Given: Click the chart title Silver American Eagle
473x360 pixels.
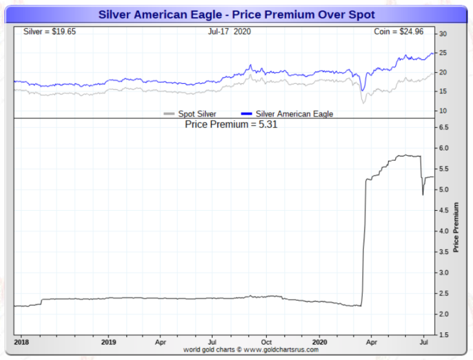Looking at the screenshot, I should [236, 14].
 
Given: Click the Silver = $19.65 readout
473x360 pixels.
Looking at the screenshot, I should [49, 31].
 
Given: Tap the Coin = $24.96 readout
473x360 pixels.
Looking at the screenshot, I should [399, 31].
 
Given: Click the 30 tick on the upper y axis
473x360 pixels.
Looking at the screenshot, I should [443, 34].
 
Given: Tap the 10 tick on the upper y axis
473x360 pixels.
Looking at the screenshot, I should [443, 110].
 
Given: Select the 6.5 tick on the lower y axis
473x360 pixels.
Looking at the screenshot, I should [445, 127].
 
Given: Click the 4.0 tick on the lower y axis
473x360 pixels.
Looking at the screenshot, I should [445, 231].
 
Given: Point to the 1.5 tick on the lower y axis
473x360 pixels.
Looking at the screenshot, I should [445, 335].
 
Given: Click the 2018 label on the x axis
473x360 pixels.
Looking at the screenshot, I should [22, 341].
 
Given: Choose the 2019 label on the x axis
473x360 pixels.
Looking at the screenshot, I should [108, 341].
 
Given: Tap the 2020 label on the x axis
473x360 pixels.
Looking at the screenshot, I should [320, 341].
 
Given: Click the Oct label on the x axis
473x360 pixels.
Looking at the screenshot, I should [267, 341].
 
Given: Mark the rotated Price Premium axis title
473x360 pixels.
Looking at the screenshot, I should [456, 227].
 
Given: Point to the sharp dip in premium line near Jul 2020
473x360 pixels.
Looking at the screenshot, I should [422, 194].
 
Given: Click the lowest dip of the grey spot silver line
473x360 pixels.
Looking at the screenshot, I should [363, 102].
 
